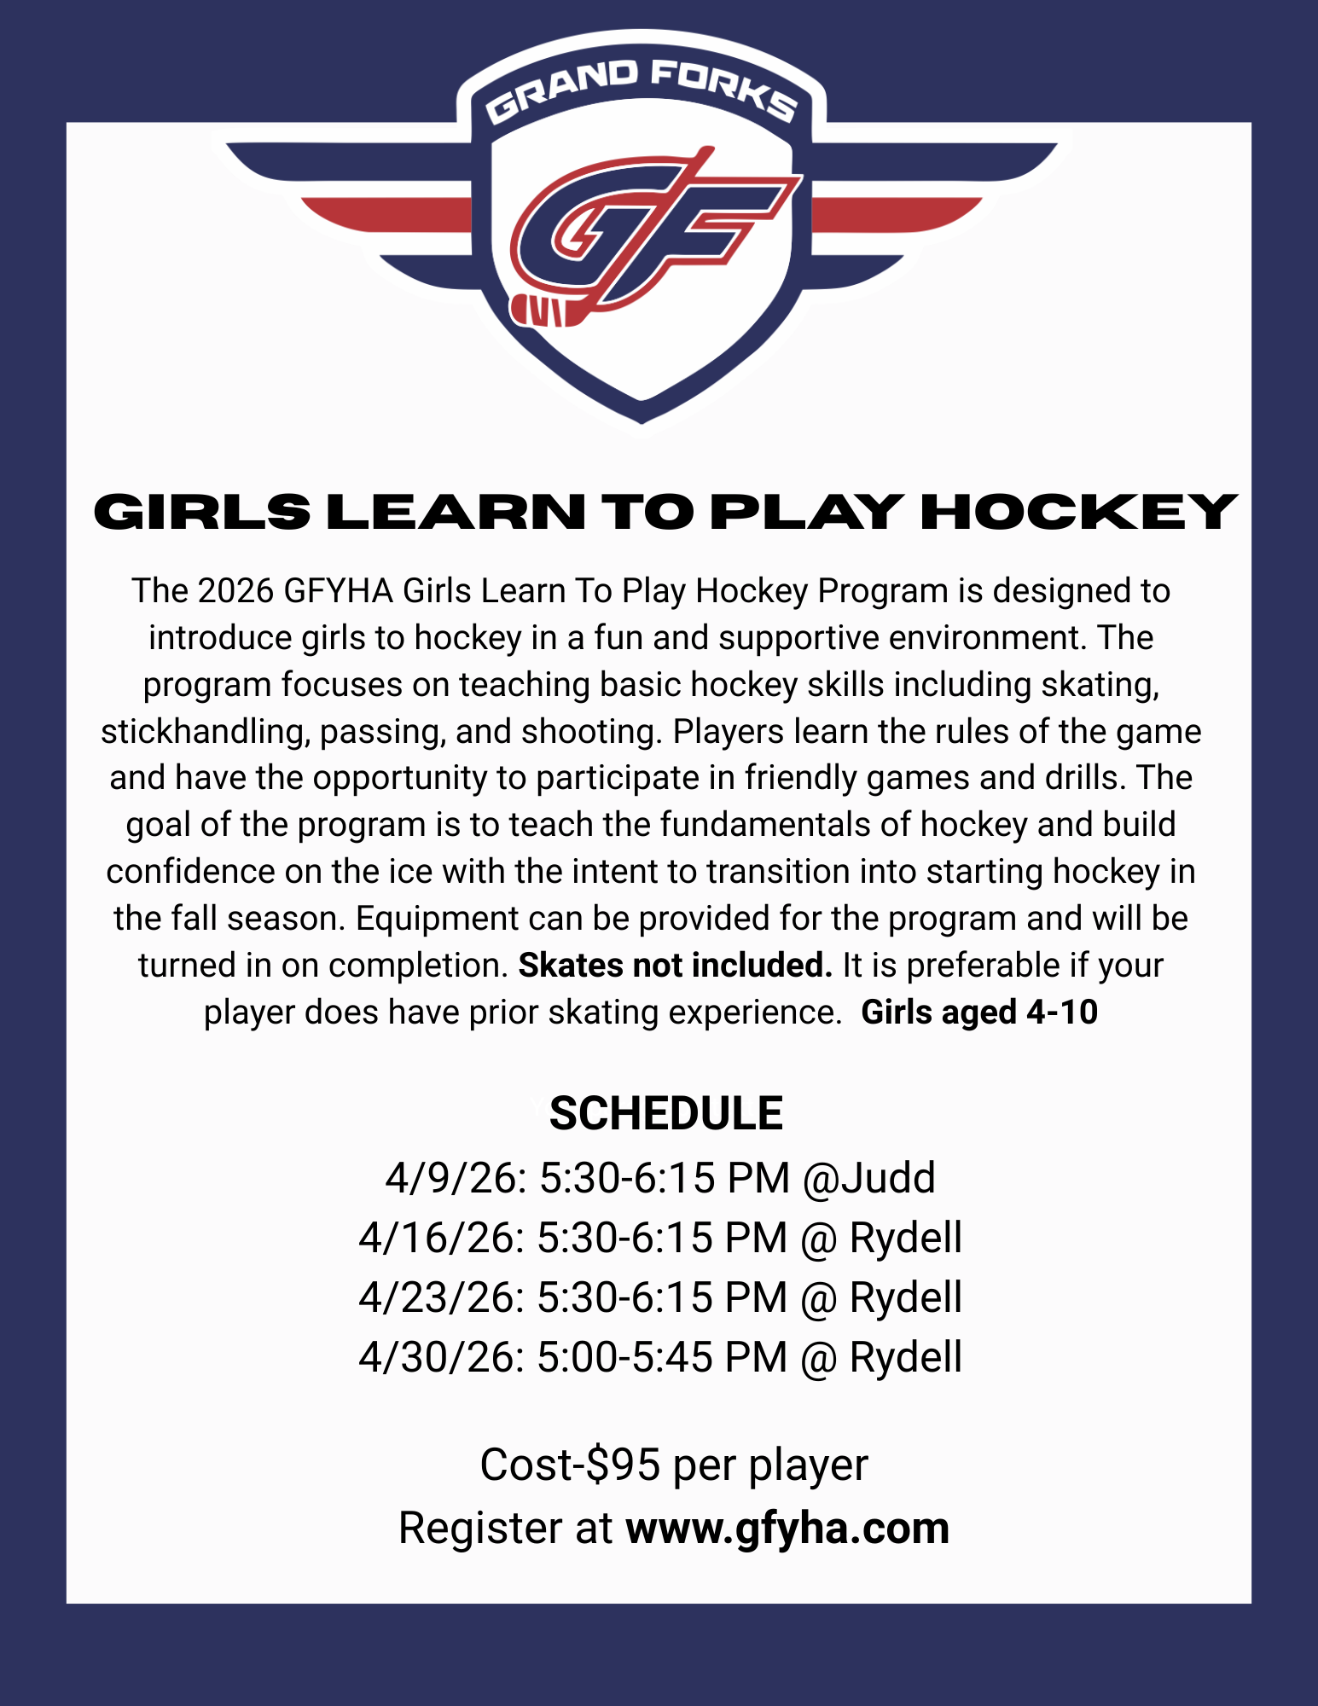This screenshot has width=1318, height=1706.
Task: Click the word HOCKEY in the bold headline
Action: click(x=1079, y=512)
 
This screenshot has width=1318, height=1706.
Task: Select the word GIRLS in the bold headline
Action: click(x=201, y=512)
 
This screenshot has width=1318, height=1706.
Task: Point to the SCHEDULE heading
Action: click(x=665, y=1114)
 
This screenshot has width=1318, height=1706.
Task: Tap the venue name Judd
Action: click(x=889, y=1178)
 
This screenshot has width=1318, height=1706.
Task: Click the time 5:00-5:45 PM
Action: click(x=661, y=1357)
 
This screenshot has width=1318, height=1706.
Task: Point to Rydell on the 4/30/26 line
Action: click(x=906, y=1357)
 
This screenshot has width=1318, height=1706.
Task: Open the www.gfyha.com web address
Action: click(x=787, y=1528)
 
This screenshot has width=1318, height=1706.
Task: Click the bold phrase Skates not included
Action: click(x=675, y=966)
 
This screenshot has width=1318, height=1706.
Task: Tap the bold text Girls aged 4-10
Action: click(x=979, y=1013)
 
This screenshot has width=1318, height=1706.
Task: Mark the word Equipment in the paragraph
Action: click(x=437, y=919)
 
